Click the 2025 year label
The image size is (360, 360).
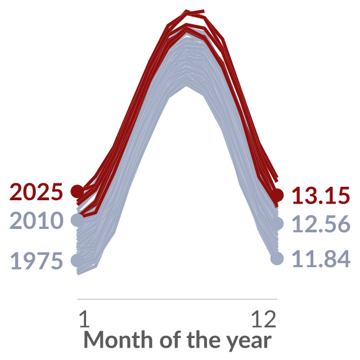[x=36, y=191]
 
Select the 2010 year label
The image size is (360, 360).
[x=36, y=220]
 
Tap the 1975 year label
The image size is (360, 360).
[x=36, y=261]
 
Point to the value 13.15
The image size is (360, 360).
[x=321, y=195]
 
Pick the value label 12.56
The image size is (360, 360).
[x=321, y=224]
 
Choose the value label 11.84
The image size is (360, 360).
[x=321, y=259]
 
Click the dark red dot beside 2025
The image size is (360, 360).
[x=78, y=191]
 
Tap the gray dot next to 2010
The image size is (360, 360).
[x=78, y=220]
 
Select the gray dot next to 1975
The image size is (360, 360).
[x=78, y=260]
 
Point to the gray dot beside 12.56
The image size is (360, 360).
[x=277, y=223]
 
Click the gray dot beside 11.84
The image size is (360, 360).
[x=277, y=259]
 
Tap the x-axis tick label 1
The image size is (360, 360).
[x=84, y=319]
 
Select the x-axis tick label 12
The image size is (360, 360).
[x=264, y=319]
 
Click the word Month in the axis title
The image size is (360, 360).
[x=118, y=340]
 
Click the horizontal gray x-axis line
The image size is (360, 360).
[x=177, y=299]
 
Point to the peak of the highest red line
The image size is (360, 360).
[x=186, y=11]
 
